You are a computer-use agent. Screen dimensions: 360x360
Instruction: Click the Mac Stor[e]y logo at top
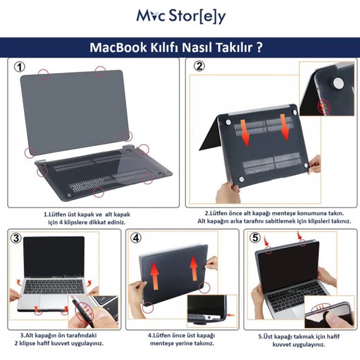(181, 16)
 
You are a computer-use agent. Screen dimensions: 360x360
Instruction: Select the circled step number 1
(21, 67)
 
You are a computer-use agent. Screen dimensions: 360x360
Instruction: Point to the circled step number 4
(137, 239)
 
